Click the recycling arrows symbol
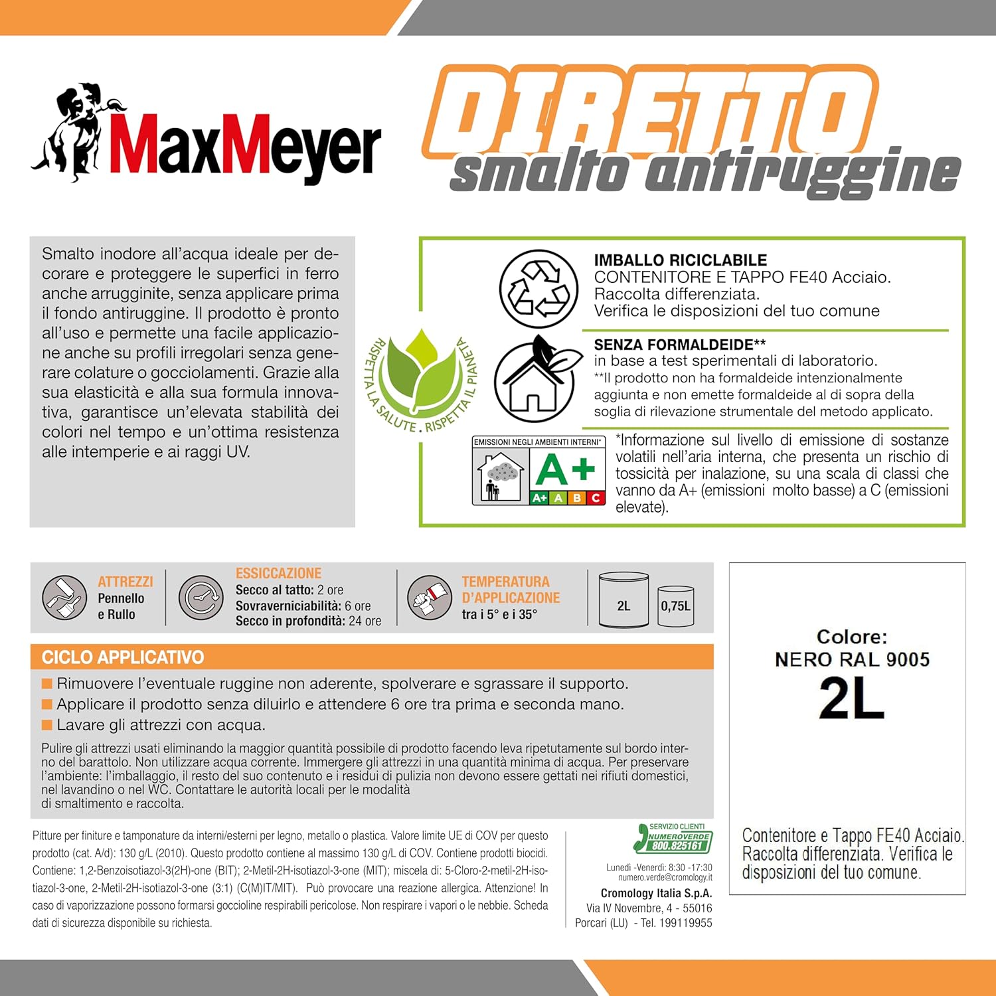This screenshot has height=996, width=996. click(x=539, y=289)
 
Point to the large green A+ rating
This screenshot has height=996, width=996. click(x=566, y=469)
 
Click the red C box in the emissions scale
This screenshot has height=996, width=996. click(x=596, y=497)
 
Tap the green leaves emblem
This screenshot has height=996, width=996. click(x=422, y=372)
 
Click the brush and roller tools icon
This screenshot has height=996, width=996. click(x=64, y=597)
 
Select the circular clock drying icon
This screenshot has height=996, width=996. click(x=201, y=597)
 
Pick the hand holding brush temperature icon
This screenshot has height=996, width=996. click(x=429, y=598)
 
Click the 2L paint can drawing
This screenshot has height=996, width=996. click(x=623, y=600)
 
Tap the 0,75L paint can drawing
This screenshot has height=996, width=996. click(x=675, y=606)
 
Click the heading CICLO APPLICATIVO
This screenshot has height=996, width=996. click(x=123, y=657)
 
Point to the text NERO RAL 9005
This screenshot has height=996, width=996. click(x=852, y=659)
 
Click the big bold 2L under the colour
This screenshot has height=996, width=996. click(x=851, y=699)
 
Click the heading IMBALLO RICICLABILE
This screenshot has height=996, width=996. click(x=680, y=260)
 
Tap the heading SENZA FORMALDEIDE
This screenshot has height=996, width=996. click(x=679, y=345)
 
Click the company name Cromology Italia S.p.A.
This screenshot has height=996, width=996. click(x=656, y=893)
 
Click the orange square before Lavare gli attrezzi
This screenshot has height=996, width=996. click(x=47, y=724)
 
